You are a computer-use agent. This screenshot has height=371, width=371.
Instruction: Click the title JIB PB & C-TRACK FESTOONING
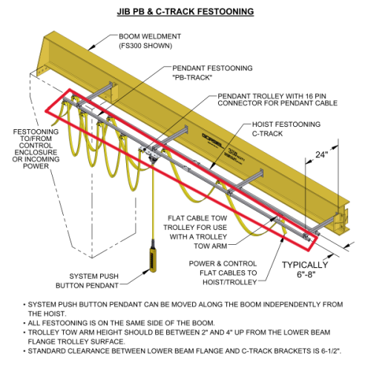[x=185, y=12]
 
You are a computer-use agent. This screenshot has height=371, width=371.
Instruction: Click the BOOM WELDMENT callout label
[x=150, y=41]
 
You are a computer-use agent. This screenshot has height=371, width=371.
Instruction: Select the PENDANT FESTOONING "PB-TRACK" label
[x=212, y=73]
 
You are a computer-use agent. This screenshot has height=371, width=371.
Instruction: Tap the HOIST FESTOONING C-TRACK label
[x=286, y=129]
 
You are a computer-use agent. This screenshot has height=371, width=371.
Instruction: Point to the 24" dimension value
[x=321, y=155]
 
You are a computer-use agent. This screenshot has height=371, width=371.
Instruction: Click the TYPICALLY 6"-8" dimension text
[x=305, y=269]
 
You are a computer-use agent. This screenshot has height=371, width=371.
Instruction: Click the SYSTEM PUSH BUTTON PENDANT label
[x=87, y=280]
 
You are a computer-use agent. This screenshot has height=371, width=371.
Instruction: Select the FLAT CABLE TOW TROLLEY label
[x=195, y=232]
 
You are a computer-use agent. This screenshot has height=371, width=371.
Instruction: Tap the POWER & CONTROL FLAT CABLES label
[x=223, y=273]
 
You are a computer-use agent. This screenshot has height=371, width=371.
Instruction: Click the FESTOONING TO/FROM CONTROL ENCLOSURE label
[x=36, y=149]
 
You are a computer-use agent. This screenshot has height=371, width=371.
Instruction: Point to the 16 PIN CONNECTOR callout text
[x=278, y=99]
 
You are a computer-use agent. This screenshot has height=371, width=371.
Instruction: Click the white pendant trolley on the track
[x=148, y=151]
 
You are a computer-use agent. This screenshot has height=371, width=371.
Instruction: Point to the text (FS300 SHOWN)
[x=145, y=46]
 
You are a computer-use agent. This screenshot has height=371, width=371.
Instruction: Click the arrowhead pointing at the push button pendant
[x=147, y=272]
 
